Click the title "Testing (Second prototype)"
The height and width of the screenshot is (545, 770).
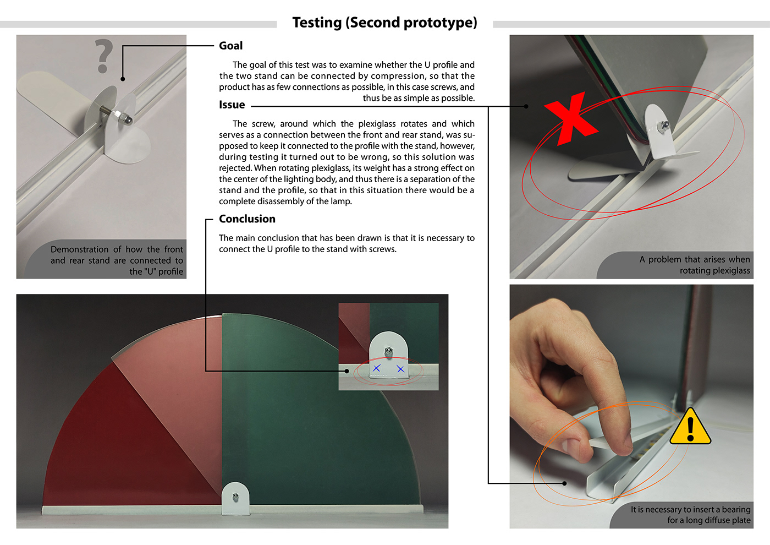point(384,23)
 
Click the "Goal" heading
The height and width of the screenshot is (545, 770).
point(230,46)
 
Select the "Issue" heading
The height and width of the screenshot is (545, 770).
point(232,105)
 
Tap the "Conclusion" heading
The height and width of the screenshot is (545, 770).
point(247,219)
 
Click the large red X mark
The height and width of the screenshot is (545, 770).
point(571,119)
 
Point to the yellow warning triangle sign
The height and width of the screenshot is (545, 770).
point(690,427)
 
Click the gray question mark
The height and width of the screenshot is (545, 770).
point(103,56)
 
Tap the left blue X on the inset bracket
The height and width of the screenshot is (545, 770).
point(377,368)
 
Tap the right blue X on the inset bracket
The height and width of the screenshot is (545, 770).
point(400,369)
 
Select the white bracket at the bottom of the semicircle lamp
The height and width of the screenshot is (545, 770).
point(235,498)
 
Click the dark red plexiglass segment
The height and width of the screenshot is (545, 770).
point(127,444)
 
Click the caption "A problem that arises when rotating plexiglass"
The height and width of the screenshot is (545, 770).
point(694,265)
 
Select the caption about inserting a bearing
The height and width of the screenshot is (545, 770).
point(690,515)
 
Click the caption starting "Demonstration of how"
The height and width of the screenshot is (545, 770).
point(117,260)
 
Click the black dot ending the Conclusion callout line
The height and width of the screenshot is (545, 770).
point(347,371)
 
